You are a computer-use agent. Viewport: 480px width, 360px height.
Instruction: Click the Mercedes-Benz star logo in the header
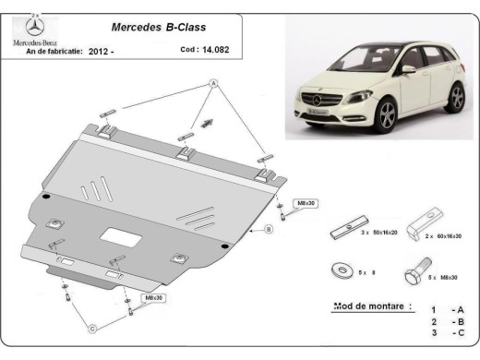34,27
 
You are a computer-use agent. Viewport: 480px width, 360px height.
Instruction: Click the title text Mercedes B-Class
155,29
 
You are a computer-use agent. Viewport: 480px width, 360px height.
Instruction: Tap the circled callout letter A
212,84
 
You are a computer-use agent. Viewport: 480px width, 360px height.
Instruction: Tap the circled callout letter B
269,228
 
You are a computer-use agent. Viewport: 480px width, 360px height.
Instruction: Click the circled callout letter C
91,328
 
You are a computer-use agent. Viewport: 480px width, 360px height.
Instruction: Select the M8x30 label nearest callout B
306,202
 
